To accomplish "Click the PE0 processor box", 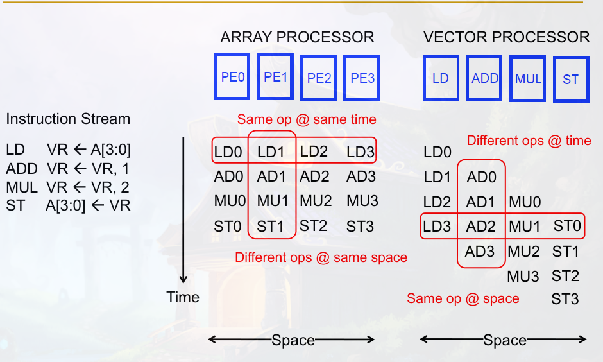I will click(x=232, y=77).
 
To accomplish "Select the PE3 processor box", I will click(x=362, y=78).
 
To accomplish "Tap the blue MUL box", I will click(x=528, y=79).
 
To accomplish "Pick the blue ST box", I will click(x=570, y=79).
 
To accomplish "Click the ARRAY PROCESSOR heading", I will click(x=297, y=37).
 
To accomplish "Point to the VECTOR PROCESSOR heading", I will click(x=506, y=37).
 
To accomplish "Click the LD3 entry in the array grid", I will click(x=360, y=152).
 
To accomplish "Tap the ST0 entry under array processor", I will click(x=228, y=226).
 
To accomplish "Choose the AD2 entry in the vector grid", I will click(x=481, y=226).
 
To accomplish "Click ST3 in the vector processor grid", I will click(x=565, y=299).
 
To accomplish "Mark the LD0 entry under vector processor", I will click(x=437, y=152).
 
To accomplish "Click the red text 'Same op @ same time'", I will click(x=307, y=119).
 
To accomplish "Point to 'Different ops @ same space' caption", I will click(x=321, y=257).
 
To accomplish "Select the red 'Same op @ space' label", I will click(x=463, y=298).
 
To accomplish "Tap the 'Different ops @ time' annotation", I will click(x=529, y=141).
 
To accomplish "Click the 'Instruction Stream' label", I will click(x=68, y=119).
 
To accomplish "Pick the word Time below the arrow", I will click(x=183, y=297).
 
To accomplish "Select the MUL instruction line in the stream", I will click(x=68, y=187).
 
